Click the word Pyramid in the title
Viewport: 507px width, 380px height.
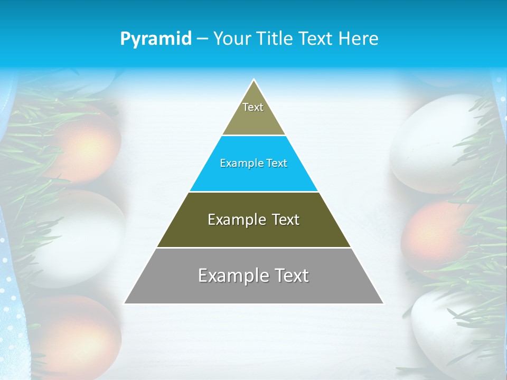coord(155,39)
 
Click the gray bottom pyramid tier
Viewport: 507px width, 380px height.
coord(253,282)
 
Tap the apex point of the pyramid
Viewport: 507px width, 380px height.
coord(254,80)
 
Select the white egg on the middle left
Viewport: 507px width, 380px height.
coord(84,237)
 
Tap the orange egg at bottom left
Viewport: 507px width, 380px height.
coord(79,332)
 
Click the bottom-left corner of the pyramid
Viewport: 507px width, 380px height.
coord(125,303)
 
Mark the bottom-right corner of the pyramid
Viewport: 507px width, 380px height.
coord(383,303)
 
